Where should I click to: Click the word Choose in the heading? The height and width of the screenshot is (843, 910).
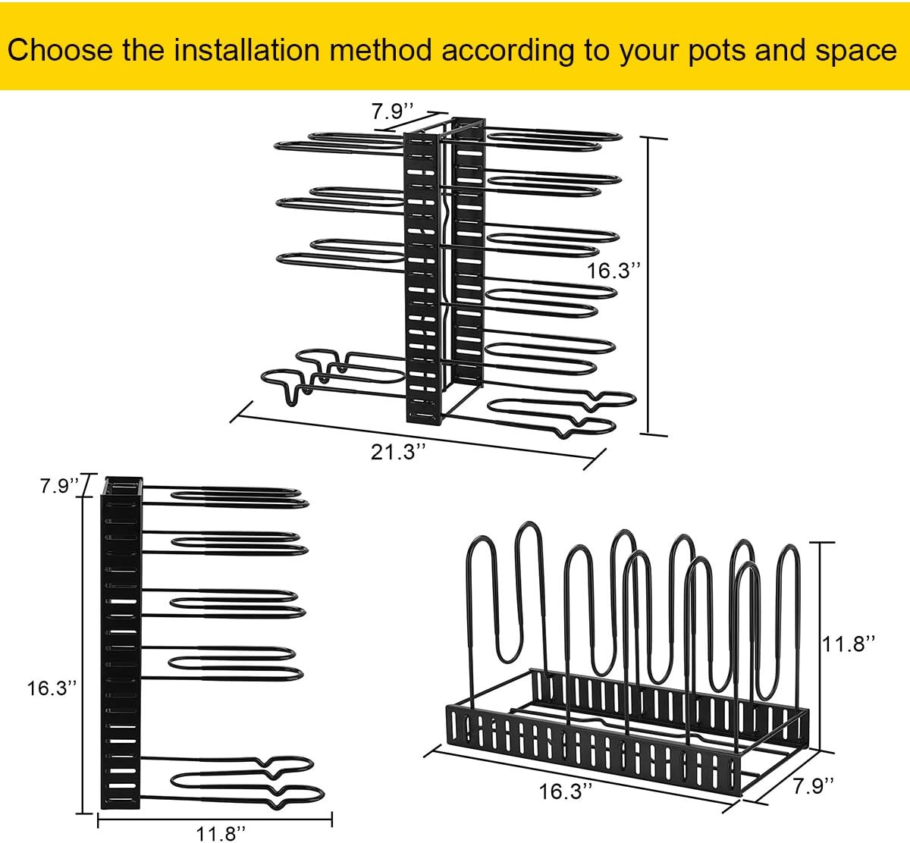pyautogui.click(x=60, y=49)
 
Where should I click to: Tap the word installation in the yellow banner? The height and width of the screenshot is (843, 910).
pyautogui.click(x=247, y=49)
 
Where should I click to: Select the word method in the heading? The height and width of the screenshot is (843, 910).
pyautogui.click(x=381, y=49)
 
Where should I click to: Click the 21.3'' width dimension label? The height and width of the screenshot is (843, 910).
pyautogui.click(x=398, y=452)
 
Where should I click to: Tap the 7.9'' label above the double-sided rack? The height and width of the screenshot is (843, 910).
pyautogui.click(x=392, y=111)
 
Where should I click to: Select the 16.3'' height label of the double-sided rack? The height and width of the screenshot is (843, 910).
pyautogui.click(x=613, y=271)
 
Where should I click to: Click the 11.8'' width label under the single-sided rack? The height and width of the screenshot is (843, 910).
pyautogui.click(x=221, y=834)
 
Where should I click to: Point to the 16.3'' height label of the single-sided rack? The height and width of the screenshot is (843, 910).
pyautogui.click(x=52, y=688)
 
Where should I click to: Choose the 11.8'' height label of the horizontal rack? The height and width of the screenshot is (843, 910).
pyautogui.click(x=849, y=644)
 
